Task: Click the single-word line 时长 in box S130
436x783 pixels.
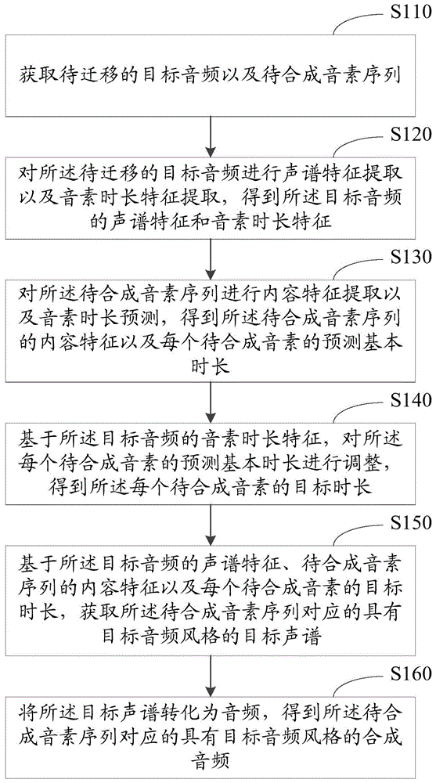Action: coord(212,365)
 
